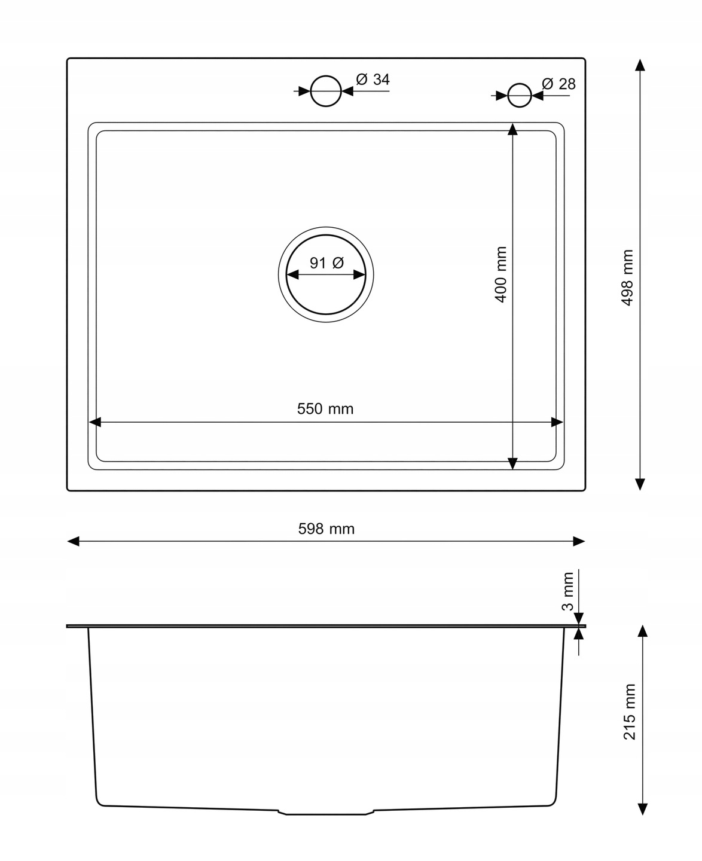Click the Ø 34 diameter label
coord(373,79)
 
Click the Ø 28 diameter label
coord(558,84)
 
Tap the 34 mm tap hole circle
coord(325,91)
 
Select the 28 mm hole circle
coord(520,95)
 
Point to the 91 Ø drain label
coord(326,263)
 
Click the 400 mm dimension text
coord(500,274)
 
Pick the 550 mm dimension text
coord(325,408)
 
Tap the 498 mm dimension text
coord(627,277)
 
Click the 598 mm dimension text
coord(326,529)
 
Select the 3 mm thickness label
coord(567,591)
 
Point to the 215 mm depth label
coord(629,712)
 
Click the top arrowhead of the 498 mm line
coord(640,65)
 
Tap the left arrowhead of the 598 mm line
coord(73,541)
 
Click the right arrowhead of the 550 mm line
coord(557,422)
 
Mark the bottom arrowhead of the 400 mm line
coord(512,463)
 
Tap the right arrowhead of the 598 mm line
coord(579,541)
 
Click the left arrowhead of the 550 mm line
coord(95,422)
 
